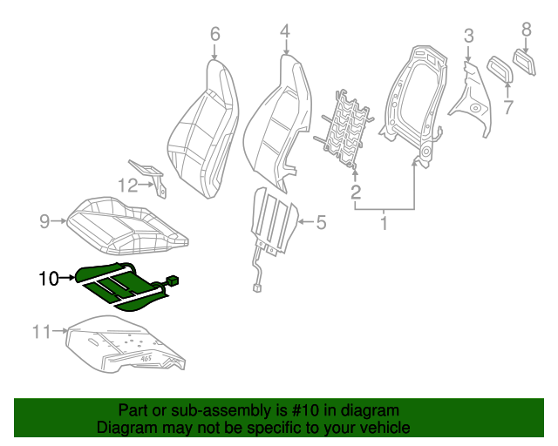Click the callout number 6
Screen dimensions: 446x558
tap(214, 34)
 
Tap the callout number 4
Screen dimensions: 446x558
tap(284, 32)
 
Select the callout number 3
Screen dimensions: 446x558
tap(468, 36)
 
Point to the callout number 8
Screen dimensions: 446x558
tap(526, 30)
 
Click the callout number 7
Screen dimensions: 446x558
tap(508, 108)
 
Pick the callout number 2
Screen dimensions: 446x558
tap(356, 192)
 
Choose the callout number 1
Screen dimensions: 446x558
tap(383, 224)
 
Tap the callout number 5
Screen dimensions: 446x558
tap(320, 223)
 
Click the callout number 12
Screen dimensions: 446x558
tap(128, 185)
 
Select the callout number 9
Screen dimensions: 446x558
tap(44, 221)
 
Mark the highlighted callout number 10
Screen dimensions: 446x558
tap(48, 279)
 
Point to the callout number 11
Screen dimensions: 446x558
tap(43, 330)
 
